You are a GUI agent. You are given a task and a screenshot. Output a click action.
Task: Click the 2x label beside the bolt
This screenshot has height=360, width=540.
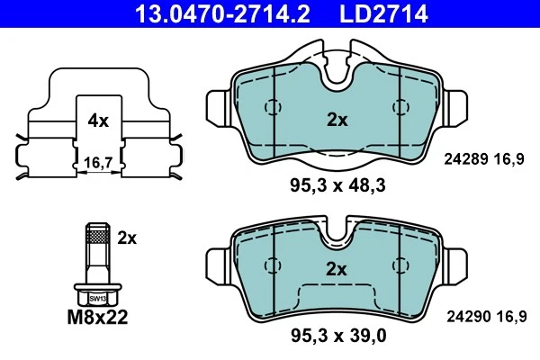tap(127, 238)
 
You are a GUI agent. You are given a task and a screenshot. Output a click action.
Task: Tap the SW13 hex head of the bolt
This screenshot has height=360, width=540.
tap(96, 296)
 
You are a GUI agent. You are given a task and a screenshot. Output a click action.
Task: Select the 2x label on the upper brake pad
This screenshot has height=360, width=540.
tap(336, 119)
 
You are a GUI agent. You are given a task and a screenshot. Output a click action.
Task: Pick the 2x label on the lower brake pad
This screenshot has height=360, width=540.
tap(336, 267)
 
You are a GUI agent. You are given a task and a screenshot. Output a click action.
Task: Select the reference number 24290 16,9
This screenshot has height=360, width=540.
tap(485, 315)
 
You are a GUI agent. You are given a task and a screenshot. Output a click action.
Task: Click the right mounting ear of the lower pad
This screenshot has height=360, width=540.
tap(455, 261)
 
